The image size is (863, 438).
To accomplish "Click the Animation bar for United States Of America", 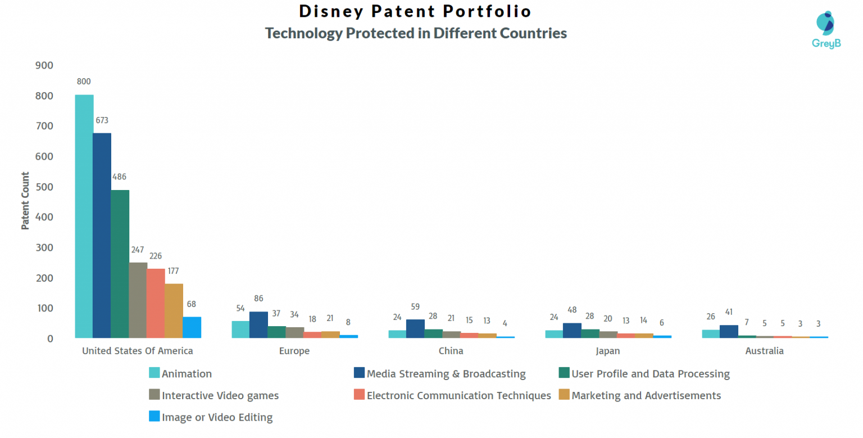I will pyautogui.click(x=84, y=216).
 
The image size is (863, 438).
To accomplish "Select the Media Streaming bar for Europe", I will pyautogui.click(x=258, y=324).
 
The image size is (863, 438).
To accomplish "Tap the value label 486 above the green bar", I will pyautogui.click(x=119, y=177).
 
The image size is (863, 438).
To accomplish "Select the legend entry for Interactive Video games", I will pyautogui.click(x=220, y=395).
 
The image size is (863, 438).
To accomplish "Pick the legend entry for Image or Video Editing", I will pyautogui.click(x=217, y=417).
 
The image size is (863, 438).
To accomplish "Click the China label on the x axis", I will pyautogui.click(x=451, y=351).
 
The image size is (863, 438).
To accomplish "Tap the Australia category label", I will pyautogui.click(x=764, y=351).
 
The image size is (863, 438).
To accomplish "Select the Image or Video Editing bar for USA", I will pyautogui.click(x=192, y=327).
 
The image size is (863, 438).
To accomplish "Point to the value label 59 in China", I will pyautogui.click(x=415, y=307).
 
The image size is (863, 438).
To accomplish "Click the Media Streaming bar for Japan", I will pyautogui.click(x=572, y=330).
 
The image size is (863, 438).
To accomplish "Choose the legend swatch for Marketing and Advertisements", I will pyautogui.click(x=564, y=395).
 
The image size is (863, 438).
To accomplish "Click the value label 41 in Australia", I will pyautogui.click(x=729, y=312).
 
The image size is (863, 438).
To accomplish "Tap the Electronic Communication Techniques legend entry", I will pyautogui.click(x=458, y=395).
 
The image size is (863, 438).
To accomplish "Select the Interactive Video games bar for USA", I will pyautogui.click(x=138, y=300).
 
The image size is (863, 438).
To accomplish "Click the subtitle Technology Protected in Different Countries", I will pyautogui.click(x=416, y=33).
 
